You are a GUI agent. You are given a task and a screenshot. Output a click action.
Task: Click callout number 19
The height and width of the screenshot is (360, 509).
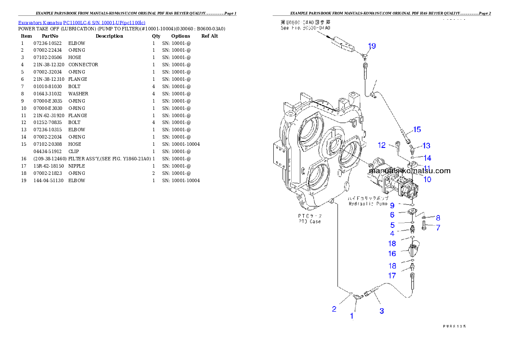click(x=372, y=46)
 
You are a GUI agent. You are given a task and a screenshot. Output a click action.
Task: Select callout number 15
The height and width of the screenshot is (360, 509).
click(x=417, y=129)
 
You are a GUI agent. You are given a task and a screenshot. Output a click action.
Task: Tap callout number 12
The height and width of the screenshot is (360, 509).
click(x=382, y=145)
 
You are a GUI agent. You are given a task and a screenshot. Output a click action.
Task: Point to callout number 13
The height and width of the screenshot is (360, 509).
click(x=426, y=146)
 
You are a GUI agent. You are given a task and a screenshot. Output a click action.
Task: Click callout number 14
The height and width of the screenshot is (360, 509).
click(x=427, y=158)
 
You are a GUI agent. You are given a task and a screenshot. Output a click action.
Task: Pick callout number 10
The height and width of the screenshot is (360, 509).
click(x=427, y=179)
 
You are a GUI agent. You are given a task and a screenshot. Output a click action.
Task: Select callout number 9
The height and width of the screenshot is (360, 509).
click(x=392, y=206)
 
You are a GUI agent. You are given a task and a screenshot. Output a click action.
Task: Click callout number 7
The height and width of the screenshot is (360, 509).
click(x=438, y=228)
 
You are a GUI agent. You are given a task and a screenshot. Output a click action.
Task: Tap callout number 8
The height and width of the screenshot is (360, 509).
click(x=438, y=218)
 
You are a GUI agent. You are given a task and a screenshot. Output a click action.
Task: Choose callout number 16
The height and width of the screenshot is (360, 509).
click(x=392, y=254)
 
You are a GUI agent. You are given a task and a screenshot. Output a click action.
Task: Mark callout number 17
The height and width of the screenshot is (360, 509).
click(x=392, y=276)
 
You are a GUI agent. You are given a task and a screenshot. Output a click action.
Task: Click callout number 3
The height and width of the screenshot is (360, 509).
click(x=382, y=311)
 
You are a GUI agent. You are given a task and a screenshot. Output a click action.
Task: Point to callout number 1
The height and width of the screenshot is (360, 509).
click(x=352, y=316)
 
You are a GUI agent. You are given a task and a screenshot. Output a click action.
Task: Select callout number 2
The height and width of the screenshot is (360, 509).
click(x=334, y=309)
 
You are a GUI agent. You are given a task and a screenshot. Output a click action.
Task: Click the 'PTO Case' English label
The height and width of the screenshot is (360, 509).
click(x=310, y=221)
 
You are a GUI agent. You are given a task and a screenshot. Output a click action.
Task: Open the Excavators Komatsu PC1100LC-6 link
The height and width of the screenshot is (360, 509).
click(x=82, y=22)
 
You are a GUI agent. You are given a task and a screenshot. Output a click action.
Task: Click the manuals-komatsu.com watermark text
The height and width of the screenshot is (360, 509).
click(x=409, y=171)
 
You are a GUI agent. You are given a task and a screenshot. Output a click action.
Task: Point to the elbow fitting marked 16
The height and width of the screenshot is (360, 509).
click(x=415, y=248)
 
